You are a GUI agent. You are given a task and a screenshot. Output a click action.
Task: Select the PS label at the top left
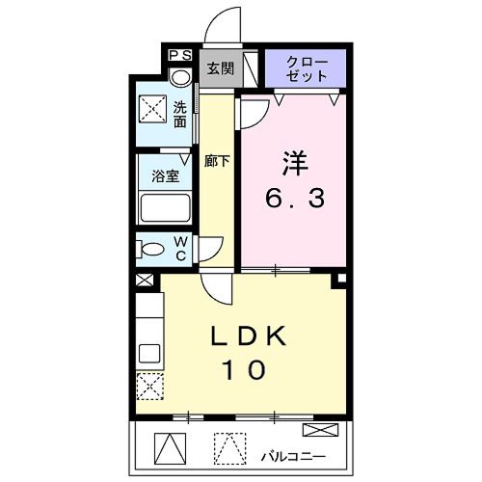click(x=180, y=56)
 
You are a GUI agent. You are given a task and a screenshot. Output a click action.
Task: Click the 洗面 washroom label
click(x=180, y=115)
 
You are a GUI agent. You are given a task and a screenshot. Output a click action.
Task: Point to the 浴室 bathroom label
click(x=165, y=176)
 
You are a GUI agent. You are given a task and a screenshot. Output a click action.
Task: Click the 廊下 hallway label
click(x=217, y=161)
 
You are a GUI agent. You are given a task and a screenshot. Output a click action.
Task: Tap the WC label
click(x=180, y=248)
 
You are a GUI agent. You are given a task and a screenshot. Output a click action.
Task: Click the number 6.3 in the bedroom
click(x=296, y=200)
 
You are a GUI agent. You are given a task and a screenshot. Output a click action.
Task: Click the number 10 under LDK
click(x=250, y=369)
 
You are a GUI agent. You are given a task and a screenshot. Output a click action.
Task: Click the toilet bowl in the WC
click(x=151, y=249)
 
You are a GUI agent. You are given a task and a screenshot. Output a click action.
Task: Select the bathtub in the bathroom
click(x=165, y=208)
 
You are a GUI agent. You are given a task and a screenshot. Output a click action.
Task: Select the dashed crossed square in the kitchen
click(x=148, y=388)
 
